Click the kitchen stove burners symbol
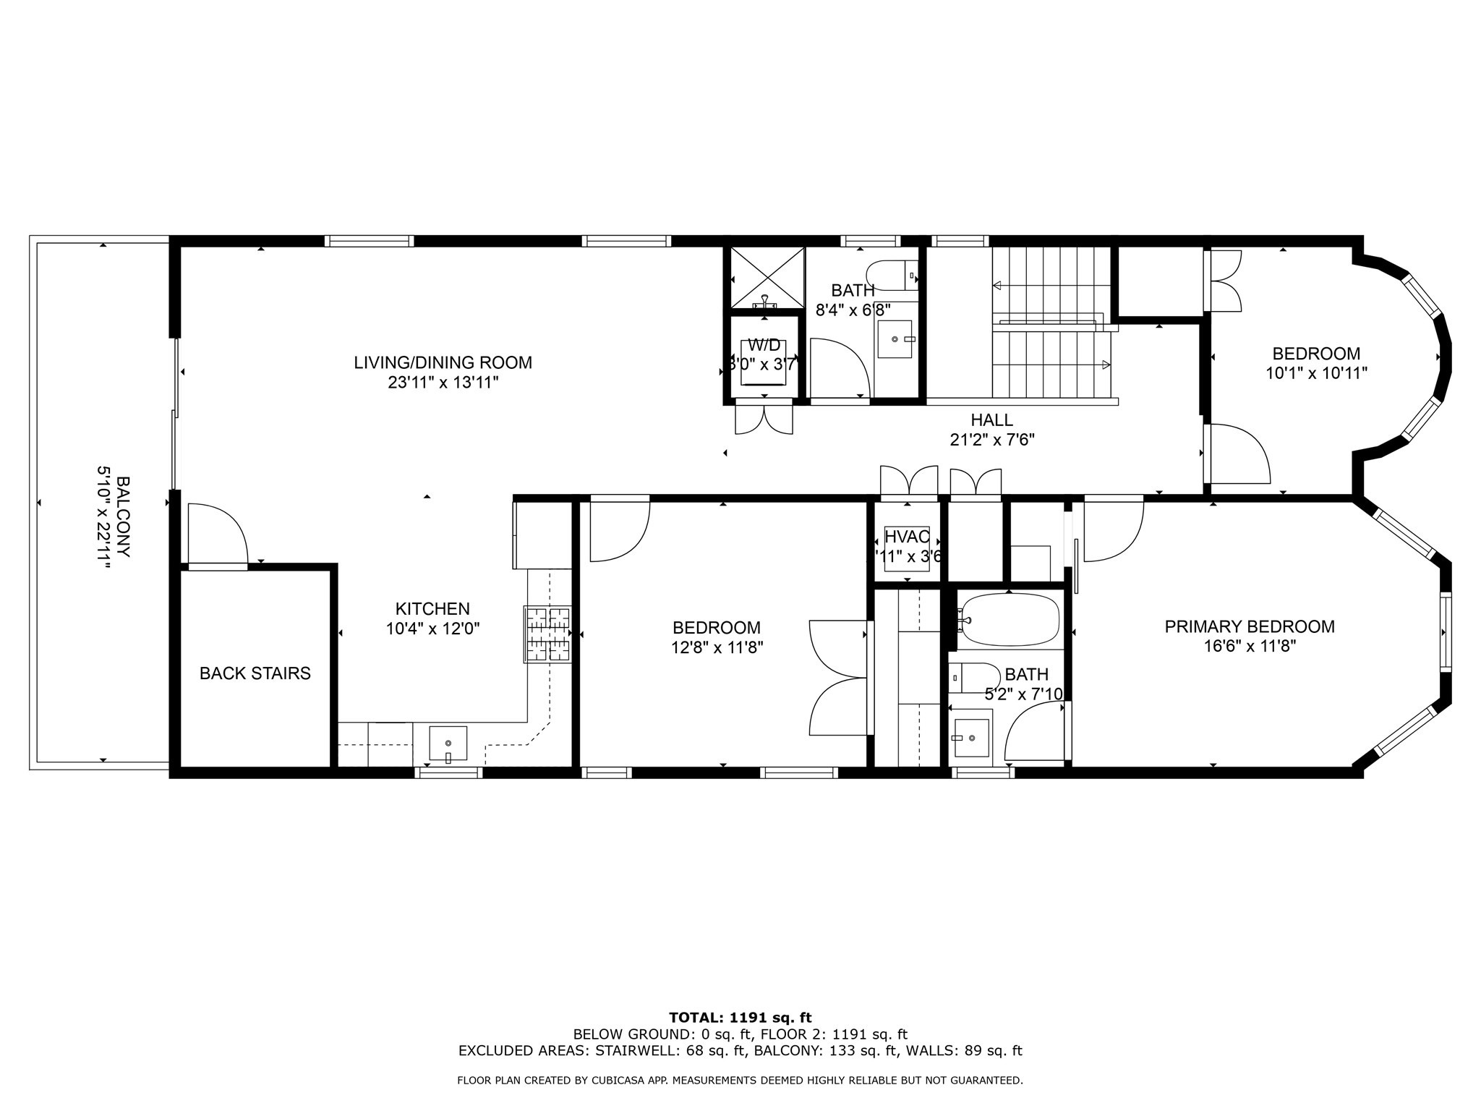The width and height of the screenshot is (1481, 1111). (x=548, y=634)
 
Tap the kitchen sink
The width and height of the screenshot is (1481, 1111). (x=448, y=744)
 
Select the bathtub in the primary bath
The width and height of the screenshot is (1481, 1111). (x=1010, y=620)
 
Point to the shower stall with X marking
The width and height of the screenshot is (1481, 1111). (x=767, y=277)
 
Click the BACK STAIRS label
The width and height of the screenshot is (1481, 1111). (x=255, y=673)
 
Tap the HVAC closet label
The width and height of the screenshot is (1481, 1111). (x=906, y=537)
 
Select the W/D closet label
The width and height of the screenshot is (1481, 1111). (x=764, y=345)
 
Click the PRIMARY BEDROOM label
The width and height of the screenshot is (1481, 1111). (x=1249, y=626)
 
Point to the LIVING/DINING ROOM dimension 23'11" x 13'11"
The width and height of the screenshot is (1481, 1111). (x=443, y=382)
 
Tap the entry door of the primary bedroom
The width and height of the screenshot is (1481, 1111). (x=1112, y=529)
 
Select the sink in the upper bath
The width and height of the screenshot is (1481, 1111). (x=895, y=339)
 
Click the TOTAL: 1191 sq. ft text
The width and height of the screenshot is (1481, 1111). (x=740, y=1018)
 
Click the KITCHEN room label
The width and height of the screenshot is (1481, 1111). (x=432, y=609)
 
